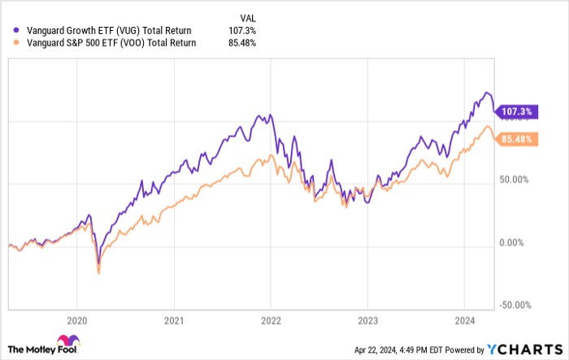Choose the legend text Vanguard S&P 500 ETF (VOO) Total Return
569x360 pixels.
[94, 43]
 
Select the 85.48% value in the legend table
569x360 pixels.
[242, 43]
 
